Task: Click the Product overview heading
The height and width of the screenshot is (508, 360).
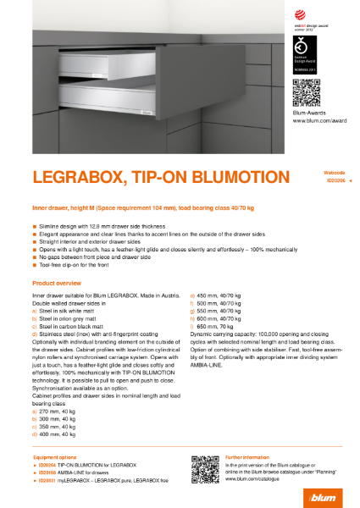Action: click(56, 281)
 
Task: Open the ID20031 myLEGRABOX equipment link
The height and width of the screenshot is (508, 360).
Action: click(102, 479)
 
